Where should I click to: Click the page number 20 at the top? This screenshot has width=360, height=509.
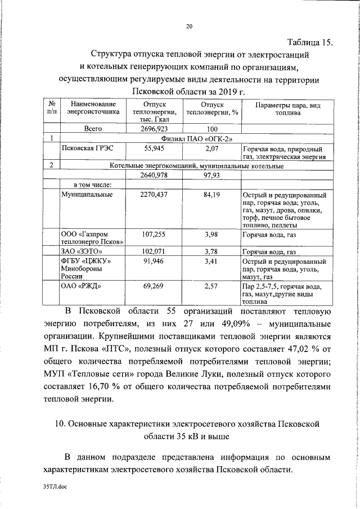click(189, 26)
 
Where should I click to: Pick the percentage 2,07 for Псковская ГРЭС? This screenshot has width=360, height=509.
click(211, 149)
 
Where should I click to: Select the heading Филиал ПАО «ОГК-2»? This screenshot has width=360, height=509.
click(193, 138)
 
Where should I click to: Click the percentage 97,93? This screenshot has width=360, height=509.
click(211, 175)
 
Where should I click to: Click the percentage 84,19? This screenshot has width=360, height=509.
click(211, 195)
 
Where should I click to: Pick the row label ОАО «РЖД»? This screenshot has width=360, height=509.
click(80, 286)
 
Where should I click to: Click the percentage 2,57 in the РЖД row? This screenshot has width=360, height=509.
click(211, 286)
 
